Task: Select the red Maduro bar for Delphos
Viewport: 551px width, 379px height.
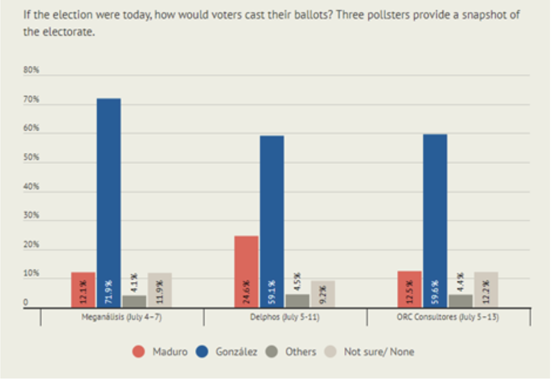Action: point(246,271)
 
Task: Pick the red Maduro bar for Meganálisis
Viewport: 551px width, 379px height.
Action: point(83,290)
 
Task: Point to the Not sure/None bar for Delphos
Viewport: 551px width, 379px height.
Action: point(323,294)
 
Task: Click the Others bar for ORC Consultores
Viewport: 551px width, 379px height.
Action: point(460,301)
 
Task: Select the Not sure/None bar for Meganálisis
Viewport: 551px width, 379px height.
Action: point(159,290)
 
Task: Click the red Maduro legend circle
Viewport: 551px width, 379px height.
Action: point(138,352)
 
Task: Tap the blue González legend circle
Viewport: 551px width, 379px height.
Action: point(202,352)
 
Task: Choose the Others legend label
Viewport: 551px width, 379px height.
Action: point(300,352)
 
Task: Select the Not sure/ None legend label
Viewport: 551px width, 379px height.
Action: point(379,352)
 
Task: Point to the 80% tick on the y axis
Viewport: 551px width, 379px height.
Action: point(31,70)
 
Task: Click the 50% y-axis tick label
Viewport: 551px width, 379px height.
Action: point(31,158)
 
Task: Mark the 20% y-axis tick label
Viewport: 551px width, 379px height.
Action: point(31,245)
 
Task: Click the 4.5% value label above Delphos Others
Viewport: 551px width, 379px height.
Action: point(297,283)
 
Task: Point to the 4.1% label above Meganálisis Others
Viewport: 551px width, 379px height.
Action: point(134,284)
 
